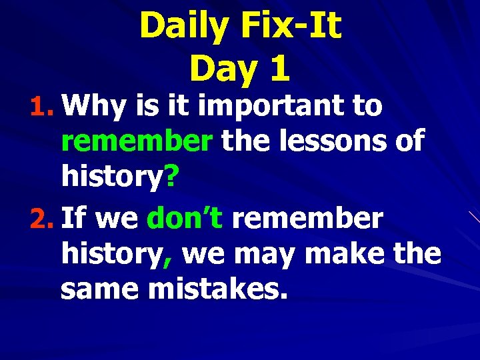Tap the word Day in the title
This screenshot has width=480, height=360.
point(219,69)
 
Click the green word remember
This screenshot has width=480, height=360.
point(137,141)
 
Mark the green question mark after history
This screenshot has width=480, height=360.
point(171,177)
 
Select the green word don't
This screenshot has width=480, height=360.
point(184,217)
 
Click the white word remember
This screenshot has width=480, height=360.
point(307,217)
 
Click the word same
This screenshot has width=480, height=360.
point(97,291)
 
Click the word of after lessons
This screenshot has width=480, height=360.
point(406,141)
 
